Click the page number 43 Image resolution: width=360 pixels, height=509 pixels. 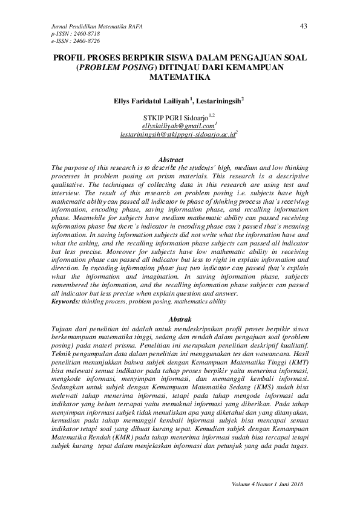click(x=304, y=25)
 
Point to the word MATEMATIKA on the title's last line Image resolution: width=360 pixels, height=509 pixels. click(x=179, y=78)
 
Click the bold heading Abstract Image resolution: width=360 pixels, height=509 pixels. click(x=179, y=160)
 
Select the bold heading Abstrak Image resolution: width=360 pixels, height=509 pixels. click(x=179, y=319)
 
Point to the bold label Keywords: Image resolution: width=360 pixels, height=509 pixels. click(x=65, y=301)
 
